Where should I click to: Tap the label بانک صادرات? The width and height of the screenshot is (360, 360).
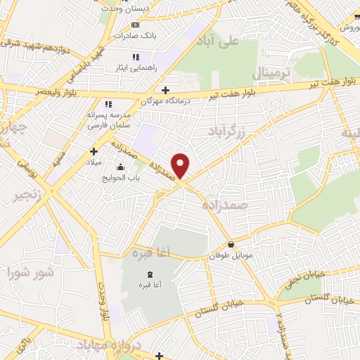136,35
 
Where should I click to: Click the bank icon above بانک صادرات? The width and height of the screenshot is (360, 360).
136,25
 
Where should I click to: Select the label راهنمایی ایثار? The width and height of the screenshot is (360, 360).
136,69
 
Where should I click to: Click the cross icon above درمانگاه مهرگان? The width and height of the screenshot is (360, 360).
165,90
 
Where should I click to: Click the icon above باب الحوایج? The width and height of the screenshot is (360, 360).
121,167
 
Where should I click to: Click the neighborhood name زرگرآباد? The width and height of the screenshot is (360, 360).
229,131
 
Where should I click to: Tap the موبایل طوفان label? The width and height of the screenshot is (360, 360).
230,256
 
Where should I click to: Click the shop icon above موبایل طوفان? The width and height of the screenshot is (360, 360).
231,245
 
